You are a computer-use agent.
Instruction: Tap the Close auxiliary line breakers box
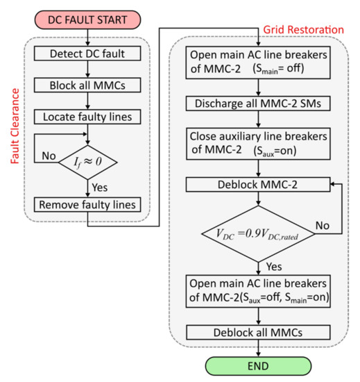click(x=259, y=144)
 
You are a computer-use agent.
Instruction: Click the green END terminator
click(x=259, y=365)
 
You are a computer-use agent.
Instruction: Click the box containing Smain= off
click(x=259, y=66)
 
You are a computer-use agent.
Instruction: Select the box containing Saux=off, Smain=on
click(x=259, y=292)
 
